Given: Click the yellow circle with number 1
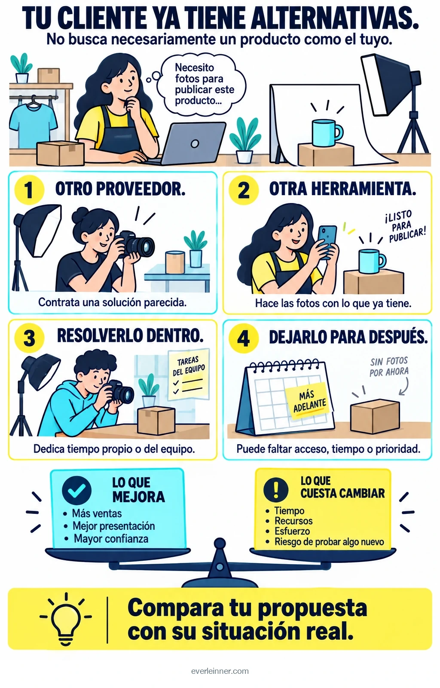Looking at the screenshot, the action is coord(29,190).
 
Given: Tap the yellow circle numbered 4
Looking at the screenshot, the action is coord(244,338).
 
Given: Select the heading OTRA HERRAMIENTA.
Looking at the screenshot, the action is coord(342,189).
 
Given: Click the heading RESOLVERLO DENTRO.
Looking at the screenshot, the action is coord(130,335).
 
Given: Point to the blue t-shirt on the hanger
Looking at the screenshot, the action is coord(33,123).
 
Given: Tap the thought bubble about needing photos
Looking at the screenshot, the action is coord(201,84).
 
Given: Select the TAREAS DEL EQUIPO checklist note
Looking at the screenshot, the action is coord(189,375).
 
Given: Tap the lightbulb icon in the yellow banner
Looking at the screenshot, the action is coord(66,619).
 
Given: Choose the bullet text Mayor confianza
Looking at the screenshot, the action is coord(111,538).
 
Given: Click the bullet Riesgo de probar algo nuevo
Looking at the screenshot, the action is coord(329,541).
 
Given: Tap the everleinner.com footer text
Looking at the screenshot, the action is coord(220,671).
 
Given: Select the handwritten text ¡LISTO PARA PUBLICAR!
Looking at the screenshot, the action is coord(405,226).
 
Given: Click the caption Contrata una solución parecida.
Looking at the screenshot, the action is coord(112,303).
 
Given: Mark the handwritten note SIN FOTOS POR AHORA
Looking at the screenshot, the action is coord(389,366).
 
